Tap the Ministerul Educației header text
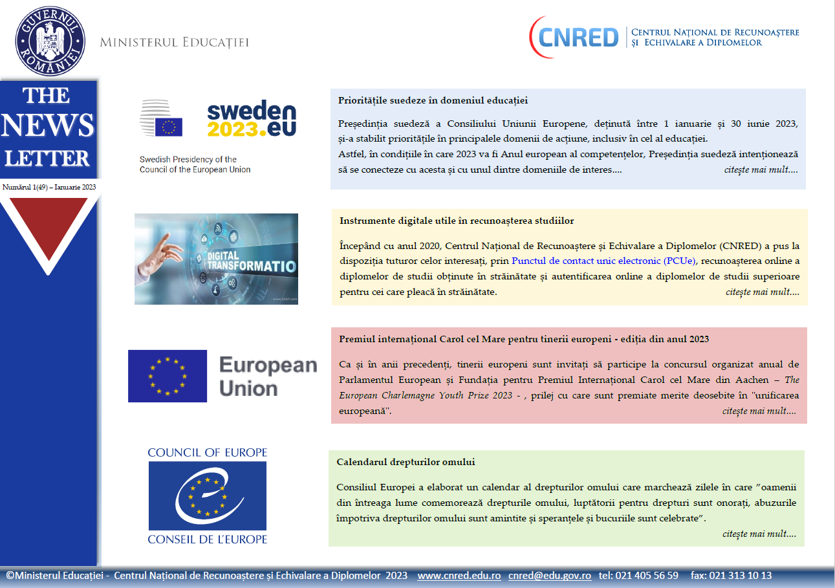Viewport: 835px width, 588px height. [174, 43]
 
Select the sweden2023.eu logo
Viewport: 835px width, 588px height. [252, 120]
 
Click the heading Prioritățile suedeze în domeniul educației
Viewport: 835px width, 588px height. [433, 100]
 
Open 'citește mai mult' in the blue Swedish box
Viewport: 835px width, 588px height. [761, 170]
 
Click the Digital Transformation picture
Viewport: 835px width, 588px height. [216, 259]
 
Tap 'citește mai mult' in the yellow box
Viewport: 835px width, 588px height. [762, 292]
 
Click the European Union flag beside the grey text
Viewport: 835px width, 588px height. [168, 376]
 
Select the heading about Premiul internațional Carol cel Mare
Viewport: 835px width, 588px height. [524, 339]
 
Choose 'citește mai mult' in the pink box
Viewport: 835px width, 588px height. [759, 411]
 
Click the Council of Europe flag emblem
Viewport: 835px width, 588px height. [208, 495]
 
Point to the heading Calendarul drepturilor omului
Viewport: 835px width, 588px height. [406, 462]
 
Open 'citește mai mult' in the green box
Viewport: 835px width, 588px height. [759, 534]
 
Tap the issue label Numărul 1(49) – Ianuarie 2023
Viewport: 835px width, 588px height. [49, 187]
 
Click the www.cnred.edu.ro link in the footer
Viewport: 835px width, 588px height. [459, 575]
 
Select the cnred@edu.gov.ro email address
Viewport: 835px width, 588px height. [549, 575]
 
